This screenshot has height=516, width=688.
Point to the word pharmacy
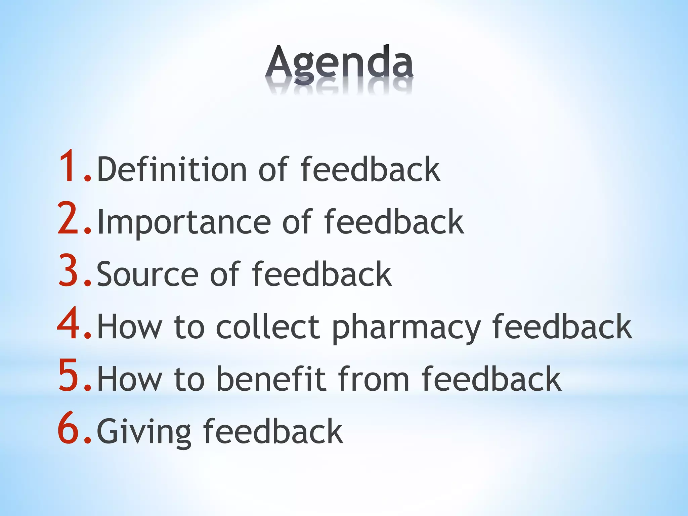pos(406,328)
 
